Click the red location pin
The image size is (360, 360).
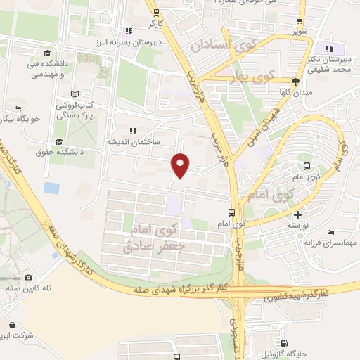181,165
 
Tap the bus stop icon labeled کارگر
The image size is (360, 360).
156,12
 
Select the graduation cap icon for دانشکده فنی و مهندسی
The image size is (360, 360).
47,54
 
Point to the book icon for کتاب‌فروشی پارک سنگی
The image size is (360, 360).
75,94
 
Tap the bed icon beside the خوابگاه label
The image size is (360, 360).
18,108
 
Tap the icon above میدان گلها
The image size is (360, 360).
295,82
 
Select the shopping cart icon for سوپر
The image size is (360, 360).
300,21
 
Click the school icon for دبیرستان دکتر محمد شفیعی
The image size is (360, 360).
330,49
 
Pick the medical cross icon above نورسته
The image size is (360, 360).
299,214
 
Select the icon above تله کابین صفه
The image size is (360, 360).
29,277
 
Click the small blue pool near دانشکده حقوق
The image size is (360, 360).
51,188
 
